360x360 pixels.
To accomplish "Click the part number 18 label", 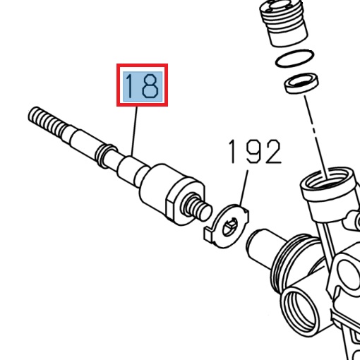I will [142, 85].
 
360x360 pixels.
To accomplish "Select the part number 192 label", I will [254, 152].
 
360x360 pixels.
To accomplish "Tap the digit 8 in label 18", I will [150, 85].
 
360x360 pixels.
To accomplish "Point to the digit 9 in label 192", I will [253, 152].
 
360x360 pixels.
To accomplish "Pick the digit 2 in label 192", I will [272, 152].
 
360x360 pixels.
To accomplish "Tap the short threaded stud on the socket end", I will [198, 208].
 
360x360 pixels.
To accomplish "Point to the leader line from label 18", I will [134, 134].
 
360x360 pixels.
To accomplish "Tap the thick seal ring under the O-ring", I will [299, 85].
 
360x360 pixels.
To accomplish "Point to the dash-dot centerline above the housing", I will [313, 134].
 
